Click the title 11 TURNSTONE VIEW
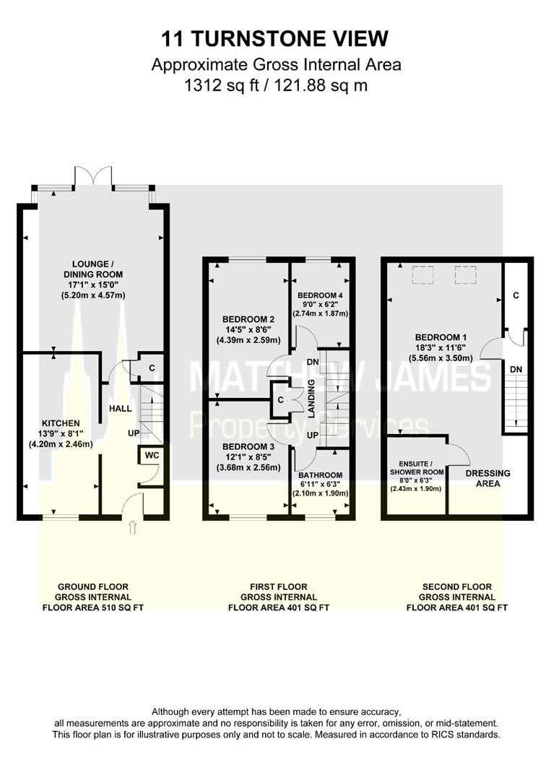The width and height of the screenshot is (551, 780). point(275,38)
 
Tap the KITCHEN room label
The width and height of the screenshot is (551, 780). point(61,423)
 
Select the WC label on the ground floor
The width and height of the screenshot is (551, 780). point(152,455)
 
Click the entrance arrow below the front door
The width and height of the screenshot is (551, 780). point(132,527)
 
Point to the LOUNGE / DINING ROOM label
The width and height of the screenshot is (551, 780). point(93,269)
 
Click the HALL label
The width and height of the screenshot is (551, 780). point(121,408)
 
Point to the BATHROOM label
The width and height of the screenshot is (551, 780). point(320,475)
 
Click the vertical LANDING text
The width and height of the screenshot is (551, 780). point(312,398)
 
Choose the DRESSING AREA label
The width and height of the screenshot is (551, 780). point(488,478)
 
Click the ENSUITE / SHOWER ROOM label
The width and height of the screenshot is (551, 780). point(417,467)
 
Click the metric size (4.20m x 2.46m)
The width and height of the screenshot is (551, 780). point(61,444)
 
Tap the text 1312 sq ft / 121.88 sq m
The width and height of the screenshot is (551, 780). point(276,85)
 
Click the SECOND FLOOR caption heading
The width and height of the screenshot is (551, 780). point(457,586)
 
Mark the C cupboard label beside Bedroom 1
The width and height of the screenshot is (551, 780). point(516,295)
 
